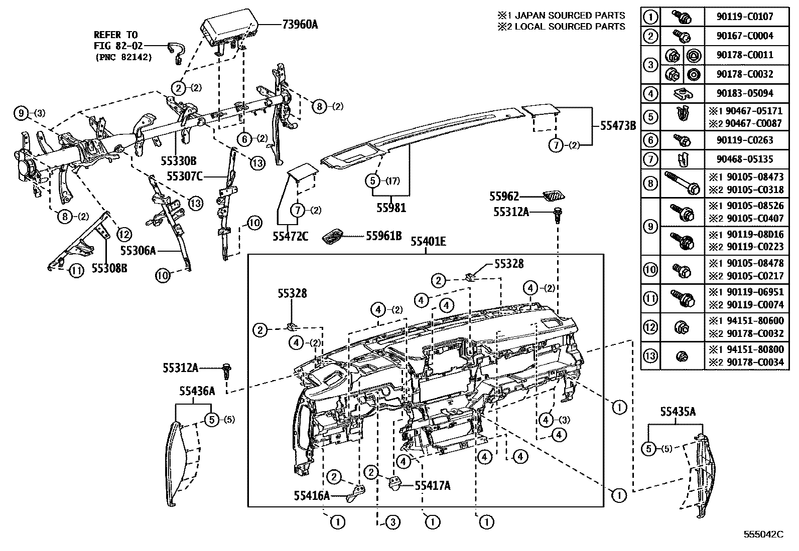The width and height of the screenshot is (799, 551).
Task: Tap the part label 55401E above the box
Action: click(x=428, y=242)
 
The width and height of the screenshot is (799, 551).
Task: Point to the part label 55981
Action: click(x=392, y=207)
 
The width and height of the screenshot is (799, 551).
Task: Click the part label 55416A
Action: click(x=312, y=495)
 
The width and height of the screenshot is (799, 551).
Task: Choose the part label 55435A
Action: click(x=678, y=412)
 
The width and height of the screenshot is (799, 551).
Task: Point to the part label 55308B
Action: click(x=109, y=269)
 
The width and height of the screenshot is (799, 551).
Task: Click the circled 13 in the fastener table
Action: click(x=650, y=356)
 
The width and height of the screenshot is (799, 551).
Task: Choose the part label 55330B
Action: click(x=179, y=161)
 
